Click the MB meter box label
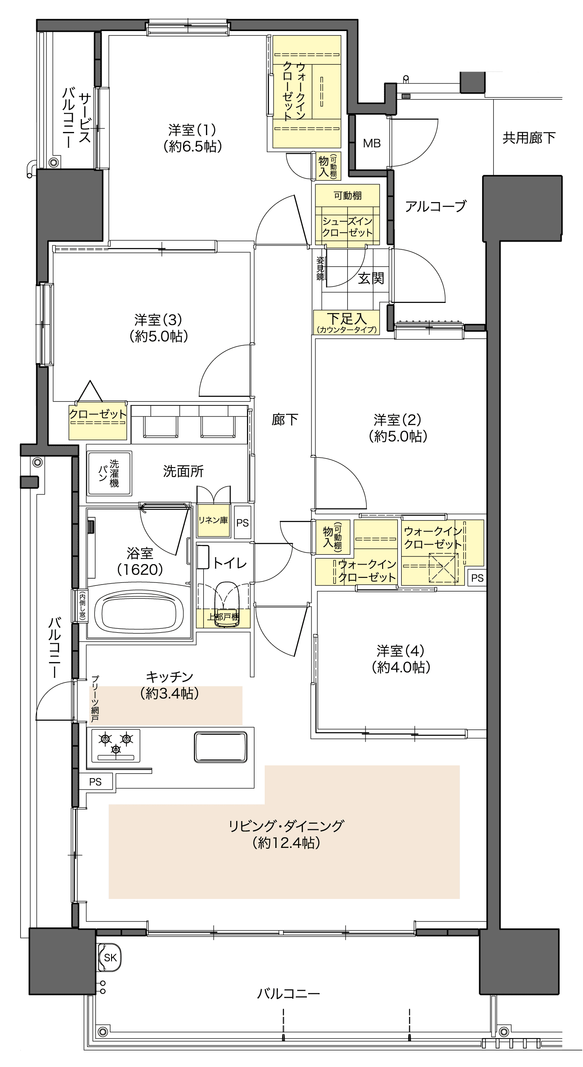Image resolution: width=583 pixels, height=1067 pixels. pyautogui.click(x=372, y=143)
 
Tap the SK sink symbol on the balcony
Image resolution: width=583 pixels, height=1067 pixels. pyautogui.click(x=110, y=958)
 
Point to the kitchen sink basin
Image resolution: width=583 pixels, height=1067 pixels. pyautogui.click(x=220, y=747)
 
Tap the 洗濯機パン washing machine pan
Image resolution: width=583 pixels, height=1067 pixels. pyautogui.click(x=109, y=473)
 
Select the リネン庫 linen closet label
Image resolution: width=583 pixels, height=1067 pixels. pyautogui.click(x=213, y=520)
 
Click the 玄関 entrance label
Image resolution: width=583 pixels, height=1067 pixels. pyautogui.click(x=371, y=278)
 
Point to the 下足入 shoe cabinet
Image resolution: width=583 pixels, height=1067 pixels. pyautogui.click(x=346, y=322)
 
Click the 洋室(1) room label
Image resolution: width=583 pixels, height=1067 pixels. pyautogui.click(x=192, y=138)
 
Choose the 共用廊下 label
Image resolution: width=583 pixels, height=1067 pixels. pyautogui.click(x=529, y=137)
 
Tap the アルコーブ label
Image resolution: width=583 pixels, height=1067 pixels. pyautogui.click(x=436, y=206)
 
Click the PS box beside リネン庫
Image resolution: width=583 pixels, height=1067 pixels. pyautogui.click(x=243, y=522)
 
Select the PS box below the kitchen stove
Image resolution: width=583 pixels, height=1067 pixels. pyautogui.click(x=96, y=782)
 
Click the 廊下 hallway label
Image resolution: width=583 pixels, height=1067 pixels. pyautogui.click(x=285, y=419)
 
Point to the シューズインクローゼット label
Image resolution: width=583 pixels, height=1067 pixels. pyautogui.click(x=347, y=227)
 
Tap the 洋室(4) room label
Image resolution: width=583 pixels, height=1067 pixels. pyautogui.click(x=401, y=659)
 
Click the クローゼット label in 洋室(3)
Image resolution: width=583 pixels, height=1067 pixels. pyautogui.click(x=98, y=414)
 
